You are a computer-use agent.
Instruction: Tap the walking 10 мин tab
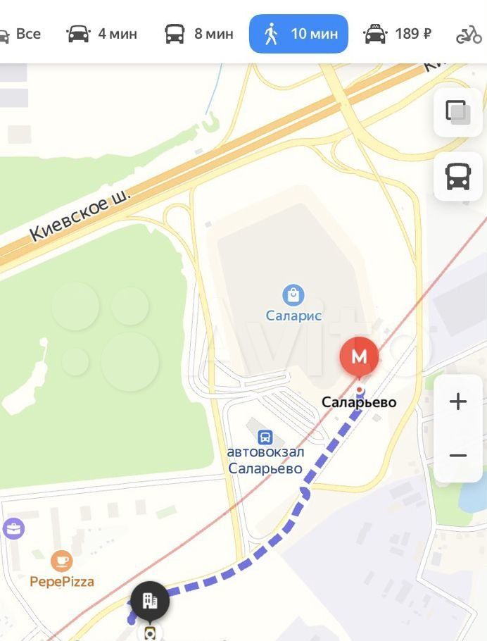coord(298,34)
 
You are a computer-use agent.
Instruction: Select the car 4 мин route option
coord(101,34)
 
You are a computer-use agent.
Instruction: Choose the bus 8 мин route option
coord(198,34)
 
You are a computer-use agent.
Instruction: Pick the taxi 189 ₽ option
coord(397,34)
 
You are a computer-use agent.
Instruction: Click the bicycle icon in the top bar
coord(469,34)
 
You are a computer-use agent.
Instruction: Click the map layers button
coord(457,112)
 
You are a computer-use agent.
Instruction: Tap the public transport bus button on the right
coord(457,177)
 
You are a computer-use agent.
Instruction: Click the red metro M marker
coord(359,357)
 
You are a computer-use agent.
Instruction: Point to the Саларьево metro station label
coord(359,402)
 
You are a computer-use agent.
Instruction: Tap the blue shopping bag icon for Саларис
coord(293,295)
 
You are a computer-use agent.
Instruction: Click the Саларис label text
coord(293,316)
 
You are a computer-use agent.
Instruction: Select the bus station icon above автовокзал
coord(265,437)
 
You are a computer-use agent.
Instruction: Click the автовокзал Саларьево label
coord(265,460)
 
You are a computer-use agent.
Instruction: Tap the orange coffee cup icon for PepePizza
coord(62,561)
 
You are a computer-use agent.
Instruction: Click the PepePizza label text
coord(62,581)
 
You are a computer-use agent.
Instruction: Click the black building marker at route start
coord(149,601)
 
